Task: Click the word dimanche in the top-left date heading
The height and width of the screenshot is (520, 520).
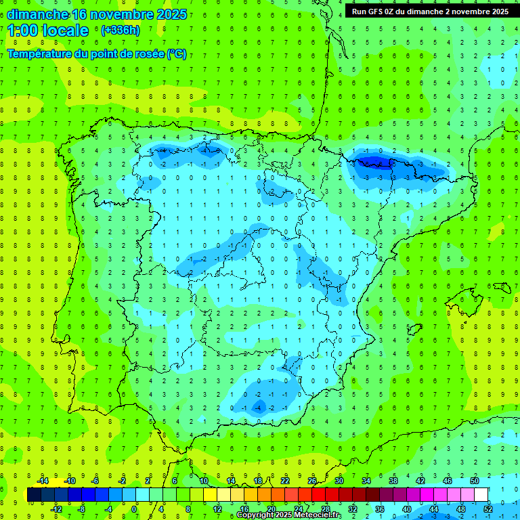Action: (x=37, y=14)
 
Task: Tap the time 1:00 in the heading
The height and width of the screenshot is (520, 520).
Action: (x=23, y=30)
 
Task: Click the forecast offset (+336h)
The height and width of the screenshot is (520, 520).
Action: (x=120, y=30)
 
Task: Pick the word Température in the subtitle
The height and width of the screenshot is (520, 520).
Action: (x=40, y=54)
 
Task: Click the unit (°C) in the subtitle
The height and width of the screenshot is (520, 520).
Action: (x=177, y=54)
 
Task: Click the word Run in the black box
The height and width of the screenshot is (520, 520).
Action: (x=359, y=12)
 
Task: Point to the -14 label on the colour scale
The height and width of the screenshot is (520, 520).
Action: (x=42, y=480)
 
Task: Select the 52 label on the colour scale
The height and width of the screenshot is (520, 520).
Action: (x=488, y=508)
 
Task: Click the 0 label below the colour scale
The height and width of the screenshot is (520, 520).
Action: (x=134, y=508)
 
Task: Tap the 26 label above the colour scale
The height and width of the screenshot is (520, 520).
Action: (x=312, y=480)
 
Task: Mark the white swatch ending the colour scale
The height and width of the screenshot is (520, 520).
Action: (x=481, y=494)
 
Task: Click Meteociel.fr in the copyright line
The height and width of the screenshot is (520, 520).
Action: (x=318, y=515)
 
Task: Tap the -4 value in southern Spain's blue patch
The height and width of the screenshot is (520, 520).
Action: (x=258, y=408)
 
